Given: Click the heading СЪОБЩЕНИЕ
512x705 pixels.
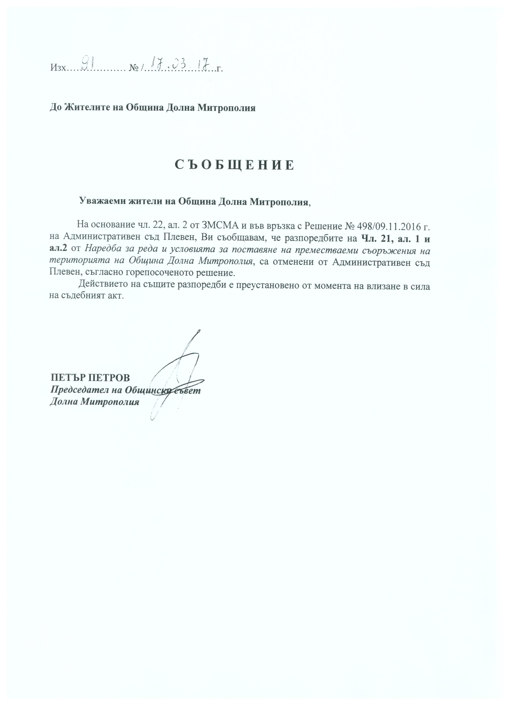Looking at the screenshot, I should (x=234, y=165).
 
